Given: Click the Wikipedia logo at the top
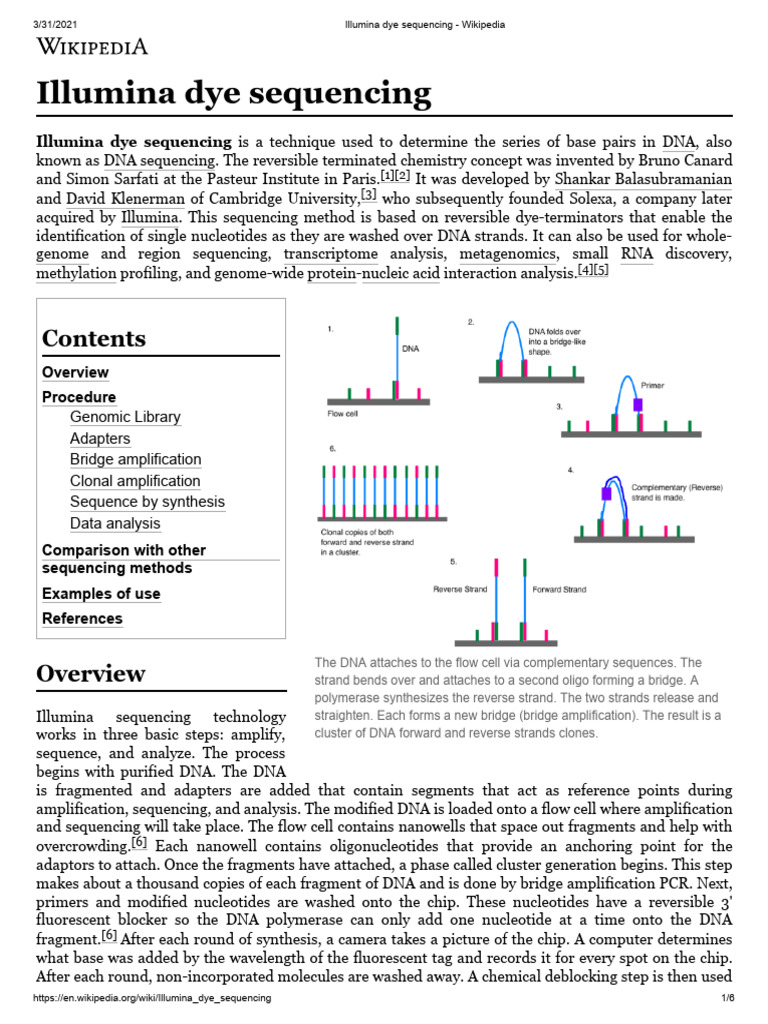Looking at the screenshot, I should coord(92,46).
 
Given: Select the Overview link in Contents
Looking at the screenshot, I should coord(75,372).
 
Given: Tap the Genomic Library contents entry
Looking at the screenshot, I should coord(125,417).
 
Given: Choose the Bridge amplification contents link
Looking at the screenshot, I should coord(135,459).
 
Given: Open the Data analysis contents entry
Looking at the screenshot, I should coord(115,523).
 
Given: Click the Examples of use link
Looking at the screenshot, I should coord(101,594).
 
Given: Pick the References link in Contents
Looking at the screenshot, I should coord(82,619).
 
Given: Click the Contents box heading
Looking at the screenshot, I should coord(94,338).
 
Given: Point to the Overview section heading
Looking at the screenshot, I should coord(91,673).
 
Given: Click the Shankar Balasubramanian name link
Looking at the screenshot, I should coord(641,180).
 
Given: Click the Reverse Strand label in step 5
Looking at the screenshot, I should coord(460,589).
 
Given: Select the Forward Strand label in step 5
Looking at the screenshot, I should coord(559,589).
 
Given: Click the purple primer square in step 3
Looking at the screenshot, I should coord(637,405).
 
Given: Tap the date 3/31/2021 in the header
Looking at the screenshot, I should coord(32,9).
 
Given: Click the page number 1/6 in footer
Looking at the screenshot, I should coord(727,999).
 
